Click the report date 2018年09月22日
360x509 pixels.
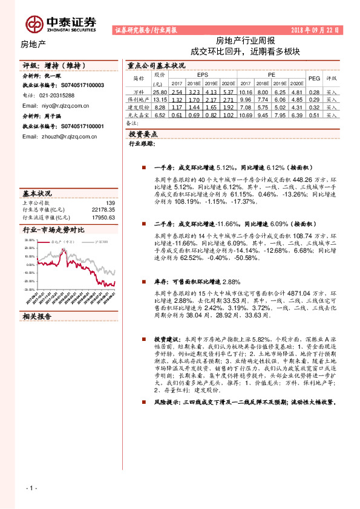[316, 30]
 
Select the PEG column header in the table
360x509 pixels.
[314, 79]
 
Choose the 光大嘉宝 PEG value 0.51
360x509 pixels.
[314, 114]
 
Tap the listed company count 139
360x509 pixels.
[110, 203]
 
